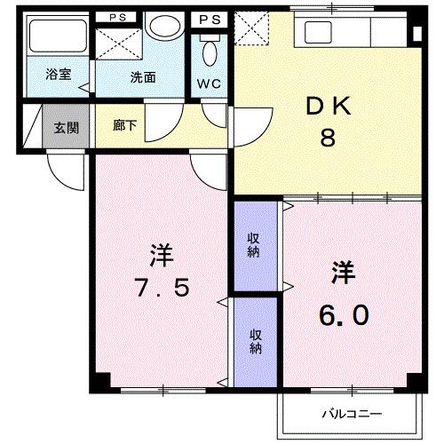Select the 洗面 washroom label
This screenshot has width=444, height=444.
click(x=143, y=77)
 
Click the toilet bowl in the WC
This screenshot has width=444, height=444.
click(x=210, y=53)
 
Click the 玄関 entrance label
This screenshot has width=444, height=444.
click(x=65, y=128)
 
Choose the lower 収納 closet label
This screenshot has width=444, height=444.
click(x=255, y=342)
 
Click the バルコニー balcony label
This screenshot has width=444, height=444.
click(x=351, y=414)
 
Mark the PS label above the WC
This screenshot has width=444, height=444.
click(x=210, y=18)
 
